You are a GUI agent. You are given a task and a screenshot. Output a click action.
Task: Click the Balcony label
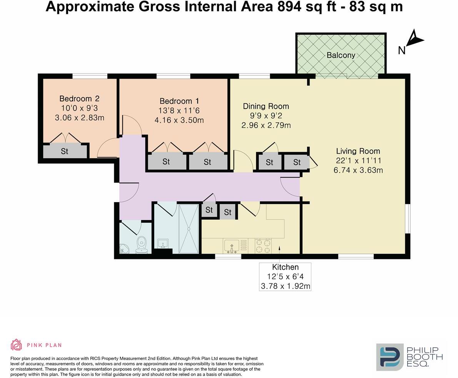click(x=341, y=55)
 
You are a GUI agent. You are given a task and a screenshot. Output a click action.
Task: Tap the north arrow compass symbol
click(x=415, y=39)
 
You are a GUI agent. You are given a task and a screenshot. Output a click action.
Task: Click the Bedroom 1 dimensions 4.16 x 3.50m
click(x=179, y=120)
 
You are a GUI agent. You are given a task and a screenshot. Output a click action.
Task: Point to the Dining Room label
click(x=266, y=106)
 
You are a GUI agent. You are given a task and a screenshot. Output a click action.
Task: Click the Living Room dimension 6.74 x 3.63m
click(x=358, y=170)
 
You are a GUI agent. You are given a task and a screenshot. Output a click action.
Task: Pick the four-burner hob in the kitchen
click(x=263, y=246)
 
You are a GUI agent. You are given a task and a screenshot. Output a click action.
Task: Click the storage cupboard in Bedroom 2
click(x=65, y=151)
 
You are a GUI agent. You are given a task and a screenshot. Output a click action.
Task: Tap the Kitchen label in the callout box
click(x=285, y=267)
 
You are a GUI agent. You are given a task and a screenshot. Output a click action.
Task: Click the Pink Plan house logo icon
click(x=16, y=345)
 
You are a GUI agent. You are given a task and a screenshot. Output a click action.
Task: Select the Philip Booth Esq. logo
click(x=409, y=357)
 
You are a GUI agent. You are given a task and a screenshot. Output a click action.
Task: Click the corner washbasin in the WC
click(x=124, y=249)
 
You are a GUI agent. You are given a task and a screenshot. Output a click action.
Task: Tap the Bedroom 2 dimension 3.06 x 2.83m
click(x=80, y=118)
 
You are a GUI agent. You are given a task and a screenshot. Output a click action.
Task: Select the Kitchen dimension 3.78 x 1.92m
click(x=285, y=286)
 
